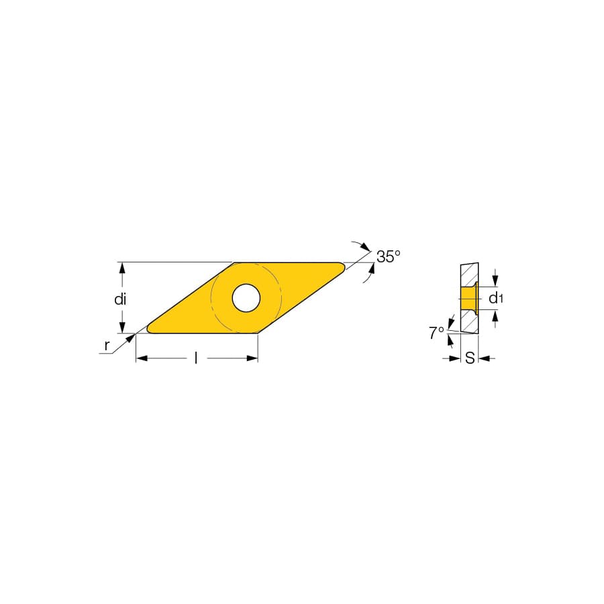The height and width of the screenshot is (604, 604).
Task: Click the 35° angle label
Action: (x=389, y=256)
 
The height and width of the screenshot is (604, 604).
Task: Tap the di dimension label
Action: (x=120, y=299)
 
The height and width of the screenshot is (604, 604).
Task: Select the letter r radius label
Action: (x=107, y=346)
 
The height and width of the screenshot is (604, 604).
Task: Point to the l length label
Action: (x=196, y=358)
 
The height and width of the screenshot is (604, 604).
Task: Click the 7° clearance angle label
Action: (x=436, y=333)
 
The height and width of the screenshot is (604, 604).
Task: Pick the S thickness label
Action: (x=470, y=358)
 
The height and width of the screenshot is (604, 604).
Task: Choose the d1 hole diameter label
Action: (x=496, y=298)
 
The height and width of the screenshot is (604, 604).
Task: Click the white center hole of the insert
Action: (x=246, y=298)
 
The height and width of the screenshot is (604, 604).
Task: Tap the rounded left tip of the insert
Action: (x=149, y=330)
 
